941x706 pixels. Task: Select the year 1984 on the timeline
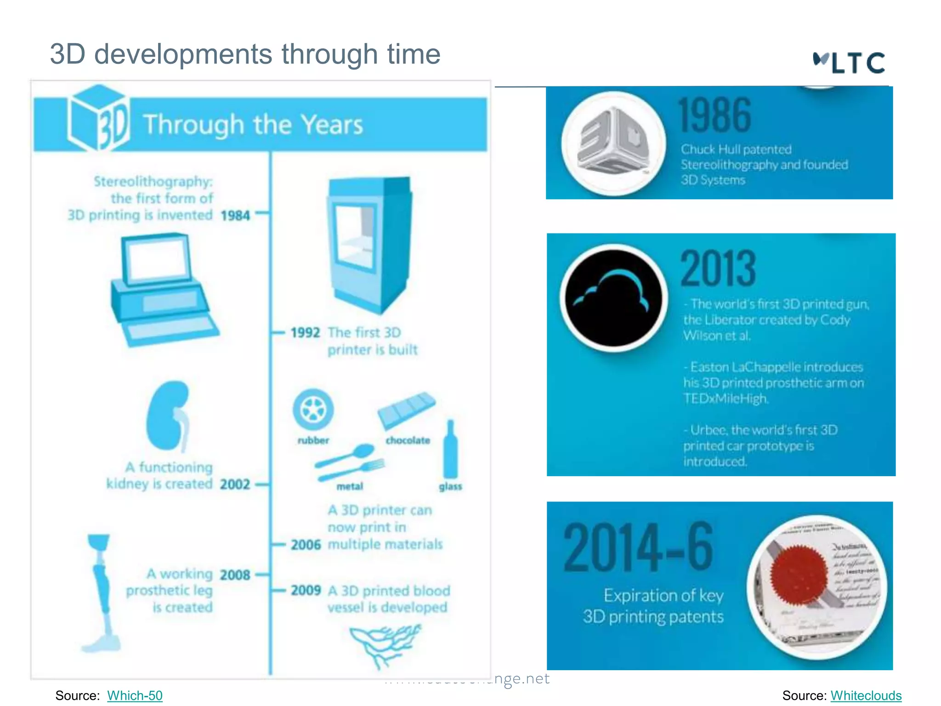click(235, 215)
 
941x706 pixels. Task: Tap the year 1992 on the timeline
click(305, 332)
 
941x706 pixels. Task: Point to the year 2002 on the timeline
click(235, 484)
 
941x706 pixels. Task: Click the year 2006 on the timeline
click(306, 545)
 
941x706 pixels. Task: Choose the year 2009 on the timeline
click(306, 590)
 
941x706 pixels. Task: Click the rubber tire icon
click(313, 409)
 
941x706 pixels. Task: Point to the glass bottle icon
click(450, 450)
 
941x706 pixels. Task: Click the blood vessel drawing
click(384, 643)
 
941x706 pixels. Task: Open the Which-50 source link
click(135, 695)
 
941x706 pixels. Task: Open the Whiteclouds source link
click(866, 695)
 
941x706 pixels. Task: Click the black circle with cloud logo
click(613, 298)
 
